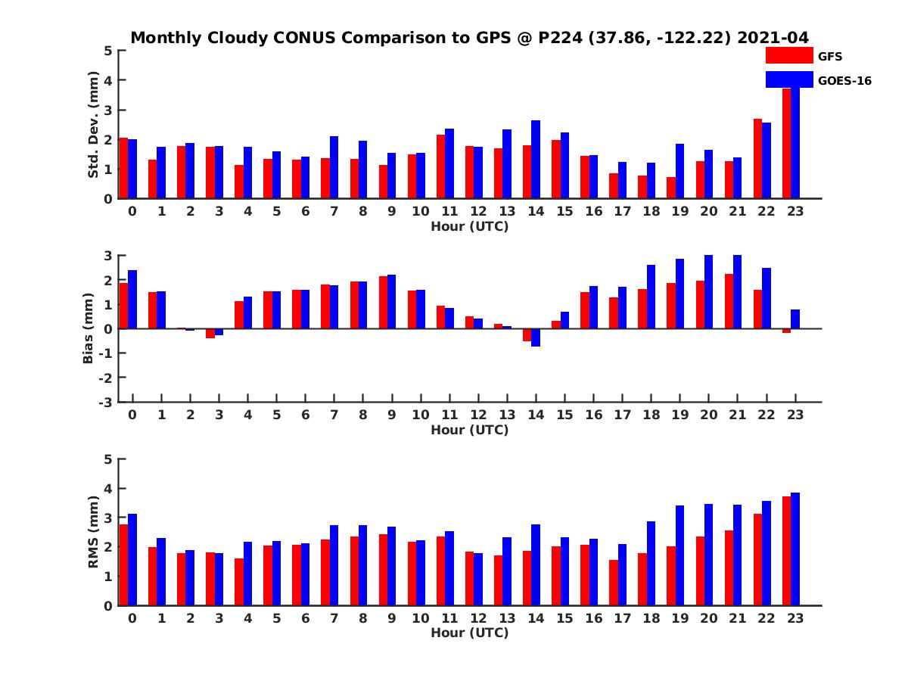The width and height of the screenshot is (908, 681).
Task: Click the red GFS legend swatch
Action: [x=788, y=55]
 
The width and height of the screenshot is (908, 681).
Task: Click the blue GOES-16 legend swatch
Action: [x=788, y=79]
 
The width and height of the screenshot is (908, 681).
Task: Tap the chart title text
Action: [x=469, y=37]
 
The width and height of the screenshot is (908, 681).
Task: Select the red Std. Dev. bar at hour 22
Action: [x=757, y=159]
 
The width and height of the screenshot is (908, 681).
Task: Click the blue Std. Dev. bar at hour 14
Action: [x=536, y=160]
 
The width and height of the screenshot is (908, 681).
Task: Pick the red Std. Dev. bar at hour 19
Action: [x=671, y=188]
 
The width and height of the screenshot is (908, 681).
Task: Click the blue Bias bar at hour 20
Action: [x=709, y=292]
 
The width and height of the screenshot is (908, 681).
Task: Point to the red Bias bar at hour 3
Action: [x=210, y=334]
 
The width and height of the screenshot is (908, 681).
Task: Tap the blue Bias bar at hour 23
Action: [x=795, y=319]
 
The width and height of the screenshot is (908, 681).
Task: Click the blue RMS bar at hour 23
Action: [x=795, y=549]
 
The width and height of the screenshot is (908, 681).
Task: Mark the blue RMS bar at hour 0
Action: [x=132, y=560]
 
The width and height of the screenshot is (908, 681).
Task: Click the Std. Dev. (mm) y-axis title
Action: [x=94, y=125]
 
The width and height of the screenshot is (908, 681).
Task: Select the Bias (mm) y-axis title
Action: [x=89, y=328]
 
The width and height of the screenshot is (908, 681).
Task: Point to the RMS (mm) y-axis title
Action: [x=94, y=532]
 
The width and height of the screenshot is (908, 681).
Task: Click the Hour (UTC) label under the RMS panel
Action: [x=469, y=633]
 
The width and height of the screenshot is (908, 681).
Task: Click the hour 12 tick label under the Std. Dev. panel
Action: [x=478, y=212]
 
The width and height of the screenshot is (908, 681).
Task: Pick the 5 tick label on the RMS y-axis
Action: [x=108, y=459]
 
